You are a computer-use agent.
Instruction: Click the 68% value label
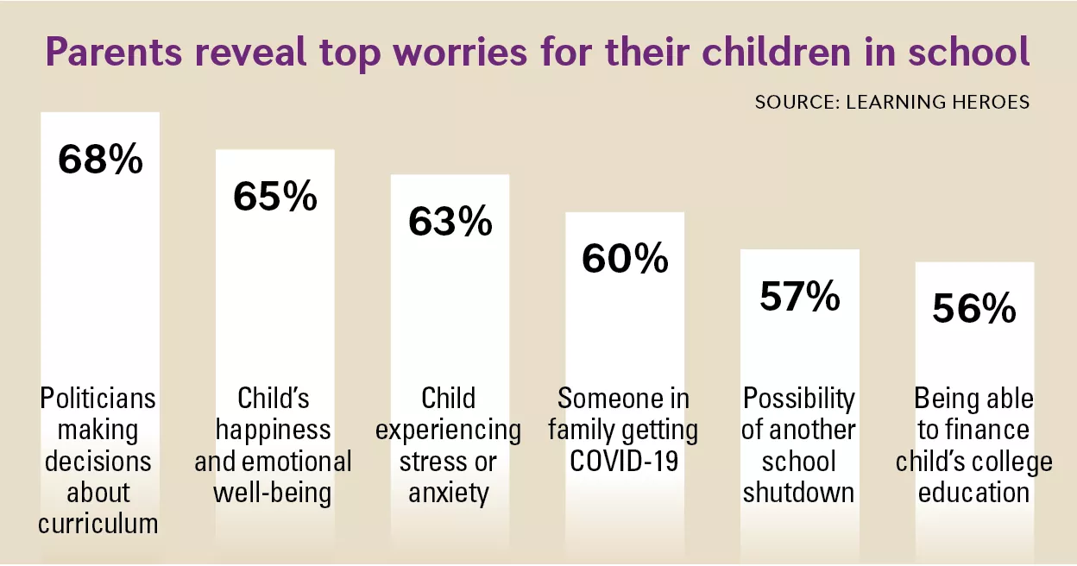point(100,160)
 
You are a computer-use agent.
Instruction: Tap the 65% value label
point(275,197)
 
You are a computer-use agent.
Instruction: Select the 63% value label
point(450,222)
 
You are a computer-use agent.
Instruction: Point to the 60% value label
point(625,259)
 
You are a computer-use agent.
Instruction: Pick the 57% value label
point(800,297)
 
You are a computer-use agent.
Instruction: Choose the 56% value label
point(974,309)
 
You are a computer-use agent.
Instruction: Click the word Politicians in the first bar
point(98,399)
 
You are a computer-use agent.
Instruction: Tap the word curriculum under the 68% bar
point(98,523)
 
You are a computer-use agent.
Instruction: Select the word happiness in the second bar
point(273,430)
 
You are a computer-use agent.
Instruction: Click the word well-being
point(273,492)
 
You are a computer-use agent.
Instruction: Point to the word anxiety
point(448,492)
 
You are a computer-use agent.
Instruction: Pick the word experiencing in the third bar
point(448,430)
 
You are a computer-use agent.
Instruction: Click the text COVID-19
point(623,461)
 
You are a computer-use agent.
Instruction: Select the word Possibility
point(799,399)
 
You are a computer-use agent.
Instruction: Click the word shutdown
point(799,492)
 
